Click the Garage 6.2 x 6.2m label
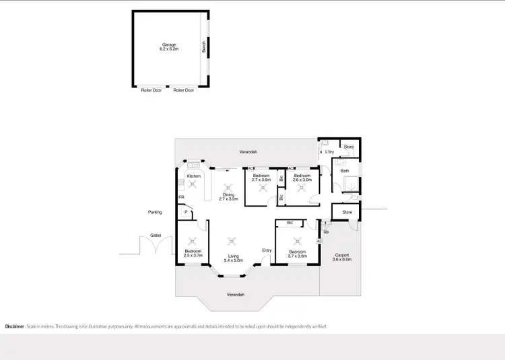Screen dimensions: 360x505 point(168,47)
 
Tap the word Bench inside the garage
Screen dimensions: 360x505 point(203,46)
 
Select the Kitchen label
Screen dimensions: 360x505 point(194,176)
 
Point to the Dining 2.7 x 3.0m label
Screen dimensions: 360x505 point(229,196)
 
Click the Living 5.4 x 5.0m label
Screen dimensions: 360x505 point(233,258)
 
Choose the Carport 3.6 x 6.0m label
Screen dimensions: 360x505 point(343,257)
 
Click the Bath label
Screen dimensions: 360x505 point(345,171)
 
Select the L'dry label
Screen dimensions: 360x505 point(330,152)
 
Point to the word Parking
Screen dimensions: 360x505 point(156,212)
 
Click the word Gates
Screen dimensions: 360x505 point(156,236)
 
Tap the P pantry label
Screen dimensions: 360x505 point(184,213)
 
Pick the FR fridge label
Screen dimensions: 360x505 point(181,197)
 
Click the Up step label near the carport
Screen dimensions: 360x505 point(326,231)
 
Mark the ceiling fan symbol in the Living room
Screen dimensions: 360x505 point(233,240)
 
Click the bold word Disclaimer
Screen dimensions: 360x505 point(15,326)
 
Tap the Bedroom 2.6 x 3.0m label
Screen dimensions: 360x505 point(302,178)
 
